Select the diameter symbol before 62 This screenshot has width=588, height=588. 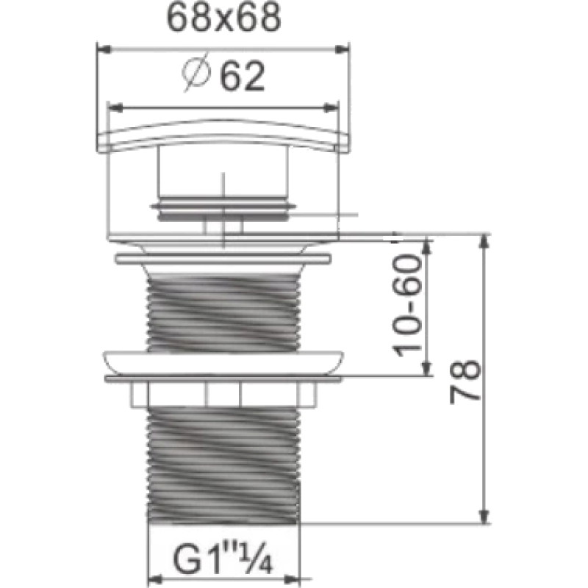point(196,73)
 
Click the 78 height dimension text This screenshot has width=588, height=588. point(465,381)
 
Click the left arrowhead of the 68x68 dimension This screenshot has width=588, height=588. point(104,49)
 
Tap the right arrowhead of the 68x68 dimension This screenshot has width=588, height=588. point(342,49)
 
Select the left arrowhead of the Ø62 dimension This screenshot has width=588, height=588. point(115,108)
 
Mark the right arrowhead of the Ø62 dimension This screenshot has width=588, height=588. point(331,108)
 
